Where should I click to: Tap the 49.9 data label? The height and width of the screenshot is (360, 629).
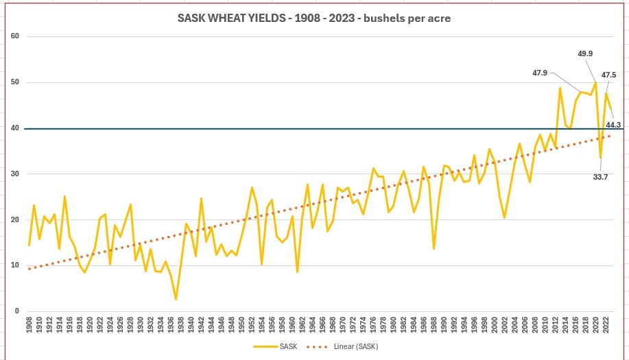coord(586,53)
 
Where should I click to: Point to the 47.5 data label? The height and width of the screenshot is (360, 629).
coord(608,75)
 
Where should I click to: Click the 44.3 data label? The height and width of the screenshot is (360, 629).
coord(613,125)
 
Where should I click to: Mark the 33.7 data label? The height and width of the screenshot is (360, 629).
coord(600,177)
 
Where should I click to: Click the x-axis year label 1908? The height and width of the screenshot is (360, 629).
coord(29,326)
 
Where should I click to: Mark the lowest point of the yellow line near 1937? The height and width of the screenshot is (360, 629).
coord(176,299)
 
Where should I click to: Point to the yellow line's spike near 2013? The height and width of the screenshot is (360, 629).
coord(560,88)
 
